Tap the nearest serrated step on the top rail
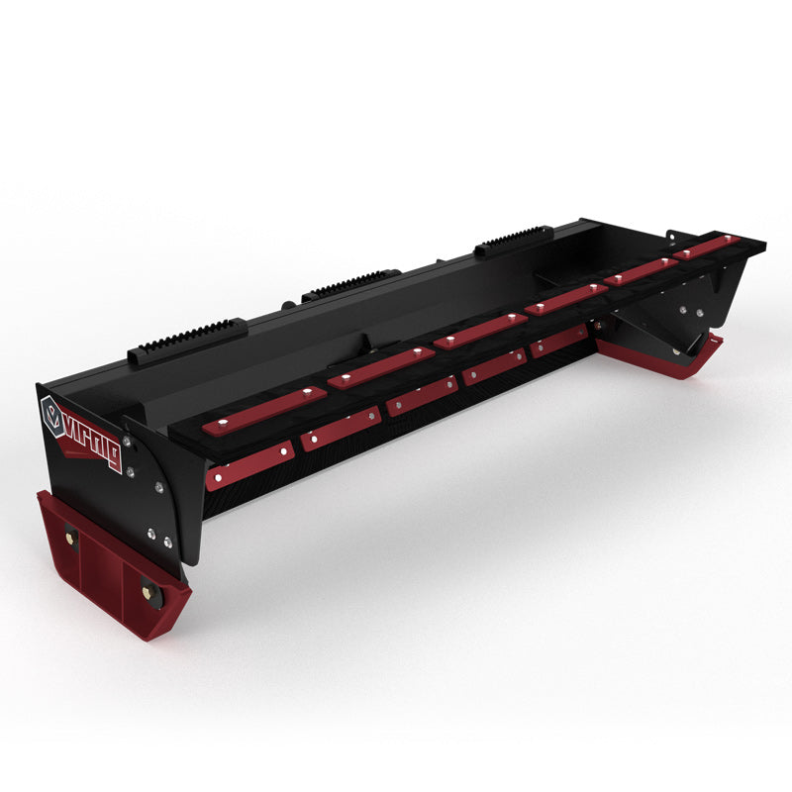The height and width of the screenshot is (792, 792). coord(188,337)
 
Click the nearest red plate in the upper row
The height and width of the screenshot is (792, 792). coord(264,410)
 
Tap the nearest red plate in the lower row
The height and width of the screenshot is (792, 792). coord(249,465)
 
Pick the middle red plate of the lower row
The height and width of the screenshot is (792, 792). coord(421,397)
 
